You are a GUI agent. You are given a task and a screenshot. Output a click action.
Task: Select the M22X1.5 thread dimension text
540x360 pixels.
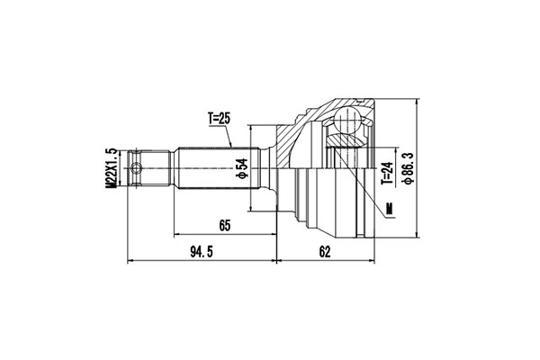[x=111, y=168]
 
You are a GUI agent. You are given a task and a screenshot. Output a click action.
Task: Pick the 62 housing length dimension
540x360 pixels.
[x=325, y=252]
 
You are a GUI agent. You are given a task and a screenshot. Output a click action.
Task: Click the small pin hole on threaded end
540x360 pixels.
[x=136, y=168]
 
